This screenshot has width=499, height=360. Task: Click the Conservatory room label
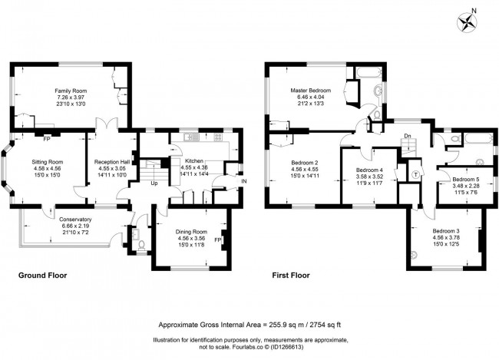pos(75,219)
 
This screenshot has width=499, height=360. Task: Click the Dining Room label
pos(188,232)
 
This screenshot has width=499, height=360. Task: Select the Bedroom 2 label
pos(305,163)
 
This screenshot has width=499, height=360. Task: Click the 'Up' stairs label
pos(154,183)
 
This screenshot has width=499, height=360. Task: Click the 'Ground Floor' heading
pos(42,275)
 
